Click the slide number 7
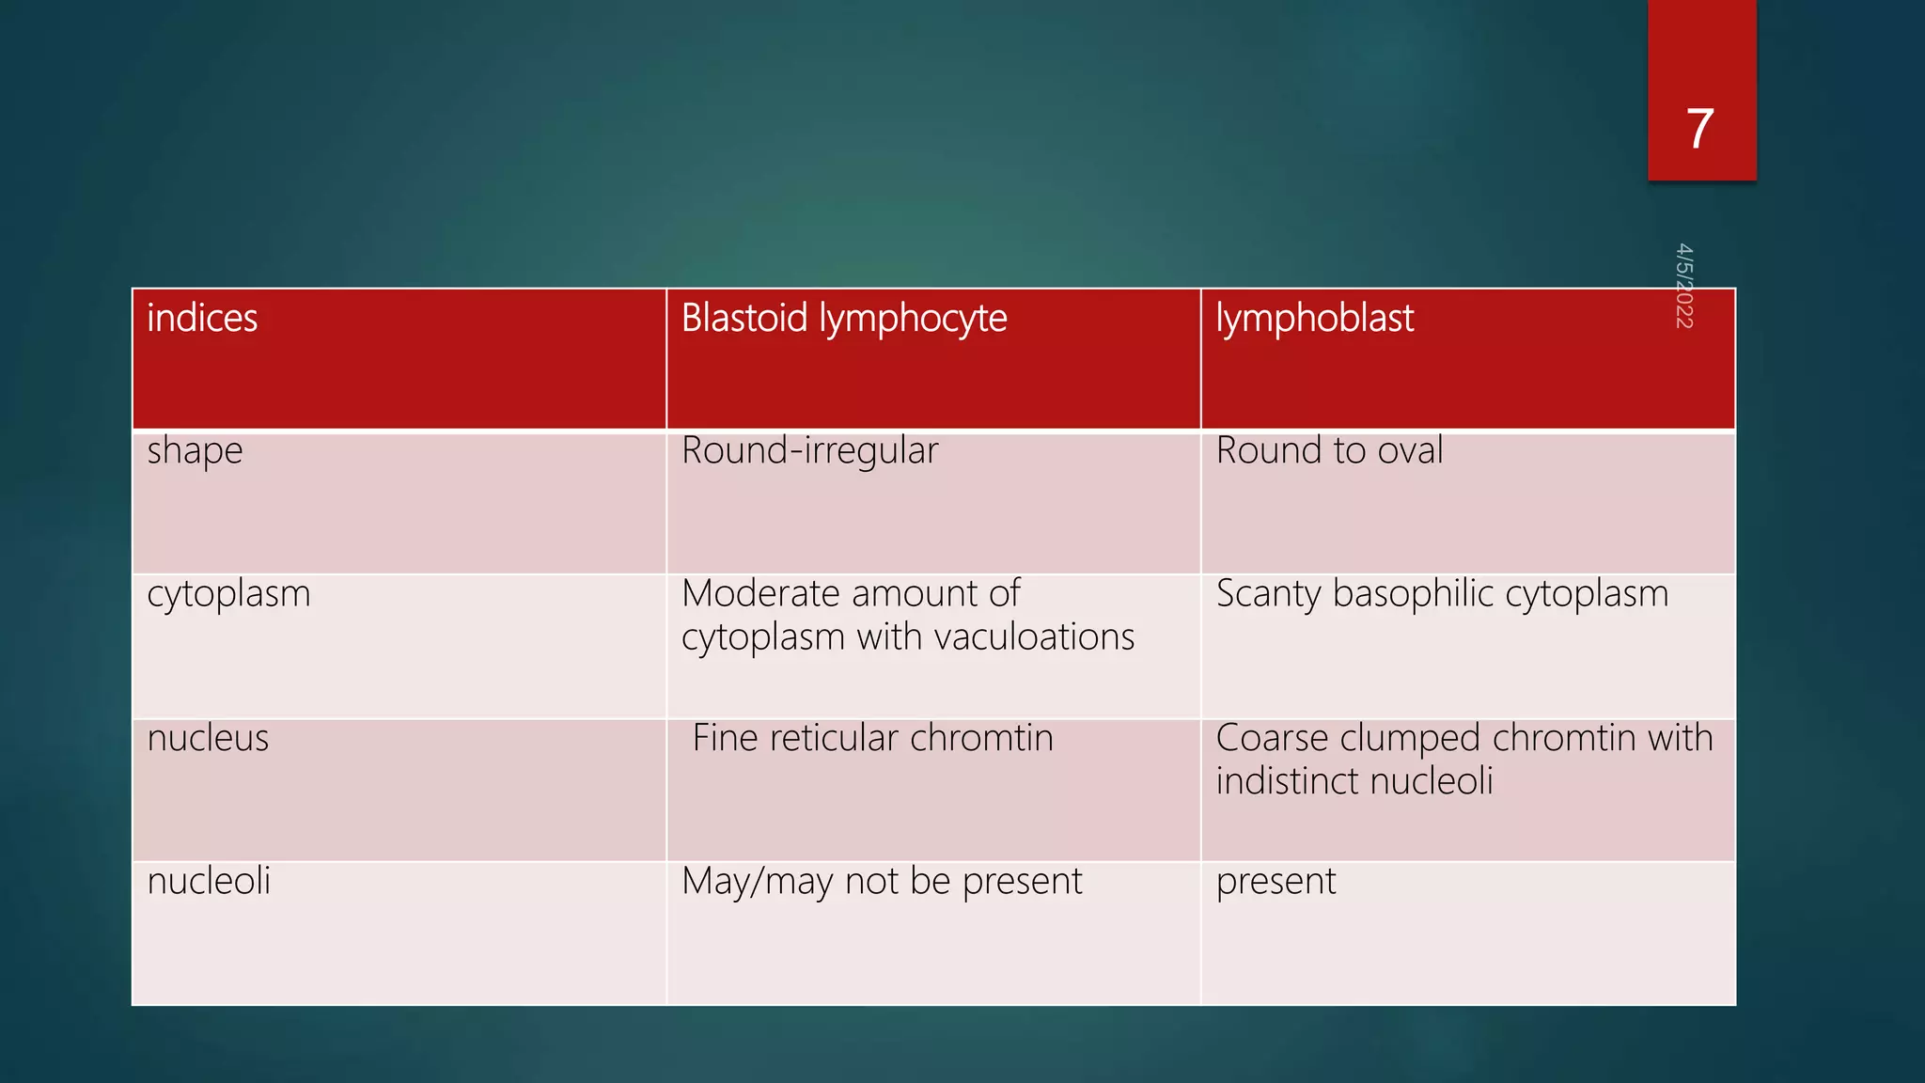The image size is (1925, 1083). tap(1699, 129)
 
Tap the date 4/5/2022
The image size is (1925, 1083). tap(1683, 286)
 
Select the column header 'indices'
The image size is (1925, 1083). tap(202, 319)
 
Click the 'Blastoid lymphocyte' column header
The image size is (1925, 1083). tap(843, 319)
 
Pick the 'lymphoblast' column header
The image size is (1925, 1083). tap(1314, 319)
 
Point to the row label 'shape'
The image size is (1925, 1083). tap(195, 451)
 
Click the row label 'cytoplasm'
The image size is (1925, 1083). tap(228, 594)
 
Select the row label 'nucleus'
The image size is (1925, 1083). tap(208, 738)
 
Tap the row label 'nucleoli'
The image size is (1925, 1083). tap(209, 882)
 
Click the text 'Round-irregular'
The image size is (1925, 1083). tap(809, 451)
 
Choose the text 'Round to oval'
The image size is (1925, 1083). tap(1329, 451)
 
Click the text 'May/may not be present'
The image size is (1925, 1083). tap(882, 882)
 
